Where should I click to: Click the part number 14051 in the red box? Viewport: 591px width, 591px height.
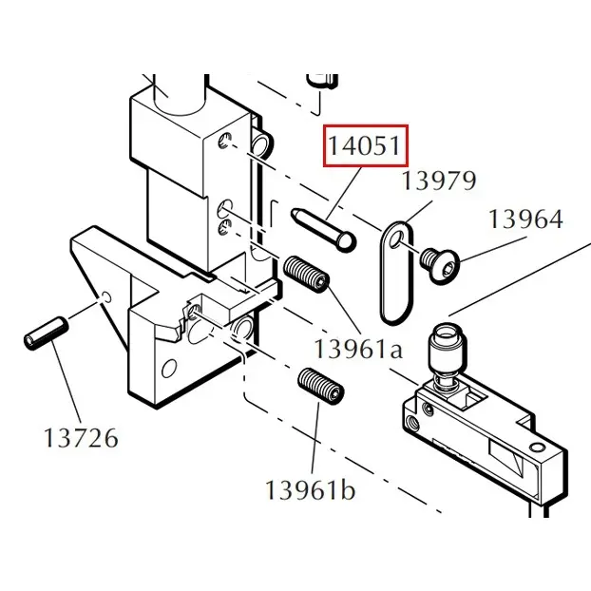point(365,146)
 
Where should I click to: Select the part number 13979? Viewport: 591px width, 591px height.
point(440,181)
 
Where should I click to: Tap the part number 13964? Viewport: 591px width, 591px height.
point(525,219)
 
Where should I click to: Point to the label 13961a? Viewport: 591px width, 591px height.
point(358,349)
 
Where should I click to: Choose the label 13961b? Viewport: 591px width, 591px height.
point(310,490)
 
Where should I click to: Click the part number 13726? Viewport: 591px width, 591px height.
point(81,438)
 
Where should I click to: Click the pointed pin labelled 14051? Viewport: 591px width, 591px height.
point(323,229)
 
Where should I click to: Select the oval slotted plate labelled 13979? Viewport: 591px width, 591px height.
point(396,273)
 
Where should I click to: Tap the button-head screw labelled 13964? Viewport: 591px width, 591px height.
point(440,266)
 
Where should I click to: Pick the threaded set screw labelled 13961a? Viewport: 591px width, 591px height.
point(307,274)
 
